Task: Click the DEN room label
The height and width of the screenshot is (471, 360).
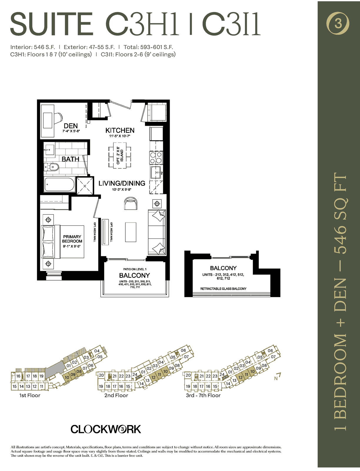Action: pyautogui.click(x=71, y=126)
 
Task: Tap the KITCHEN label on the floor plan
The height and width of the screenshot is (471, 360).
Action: pyautogui.click(x=120, y=130)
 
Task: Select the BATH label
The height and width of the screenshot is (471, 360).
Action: pyautogui.click(x=70, y=159)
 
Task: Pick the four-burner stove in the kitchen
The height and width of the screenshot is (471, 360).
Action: pyautogui.click(x=156, y=158)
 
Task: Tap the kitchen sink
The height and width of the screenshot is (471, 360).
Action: pyautogui.click(x=156, y=173)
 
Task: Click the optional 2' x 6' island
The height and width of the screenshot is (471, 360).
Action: pyautogui.click(x=120, y=155)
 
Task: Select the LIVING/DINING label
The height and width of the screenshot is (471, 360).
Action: pyautogui.click(x=122, y=183)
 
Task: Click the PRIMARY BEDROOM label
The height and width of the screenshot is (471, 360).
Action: pyautogui.click(x=72, y=239)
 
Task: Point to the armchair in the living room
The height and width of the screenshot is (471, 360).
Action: pyautogui.click(x=131, y=203)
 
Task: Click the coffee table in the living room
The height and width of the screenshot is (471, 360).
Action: pyautogui.click(x=131, y=232)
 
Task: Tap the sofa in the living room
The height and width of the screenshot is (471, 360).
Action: pyautogui.click(x=157, y=232)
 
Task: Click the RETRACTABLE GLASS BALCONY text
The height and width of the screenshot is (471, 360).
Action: pyautogui.click(x=223, y=289)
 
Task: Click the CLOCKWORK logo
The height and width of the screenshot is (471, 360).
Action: pyautogui.click(x=106, y=429)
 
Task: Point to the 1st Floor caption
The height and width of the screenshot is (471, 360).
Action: pyautogui.click(x=30, y=395)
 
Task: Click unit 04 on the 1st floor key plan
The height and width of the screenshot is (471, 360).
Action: pyautogui.click(x=97, y=351)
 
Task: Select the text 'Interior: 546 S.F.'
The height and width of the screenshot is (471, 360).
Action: pyautogui.click(x=33, y=47)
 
